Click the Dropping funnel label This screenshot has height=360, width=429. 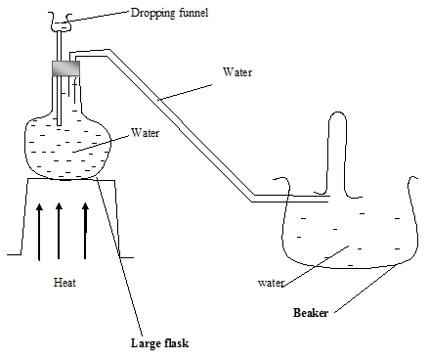tap(169, 13)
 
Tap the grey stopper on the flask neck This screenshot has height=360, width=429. tap(66, 68)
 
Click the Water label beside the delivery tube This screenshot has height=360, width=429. tap(237, 72)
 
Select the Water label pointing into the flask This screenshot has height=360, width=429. tap(145, 133)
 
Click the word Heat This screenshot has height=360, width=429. tap(64, 283)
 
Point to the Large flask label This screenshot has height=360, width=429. tap(159, 343)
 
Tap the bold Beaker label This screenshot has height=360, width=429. tap(311, 313)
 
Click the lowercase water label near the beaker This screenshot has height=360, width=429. tap(271, 283)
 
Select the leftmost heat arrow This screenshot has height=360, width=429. tap(39, 232)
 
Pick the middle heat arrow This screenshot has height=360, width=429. tap(59, 231)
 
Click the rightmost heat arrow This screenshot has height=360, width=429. tap(85, 231)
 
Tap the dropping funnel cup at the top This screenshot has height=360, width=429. tap(61, 22)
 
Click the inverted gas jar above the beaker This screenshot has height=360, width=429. tap(337, 155)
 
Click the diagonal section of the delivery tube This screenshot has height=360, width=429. tap(180, 125)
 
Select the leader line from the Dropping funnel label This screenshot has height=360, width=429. tap(96, 17)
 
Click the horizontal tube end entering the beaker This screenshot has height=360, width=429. tap(291, 199)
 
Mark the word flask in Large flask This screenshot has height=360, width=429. tap(173, 343)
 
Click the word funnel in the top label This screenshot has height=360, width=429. tap(193, 13)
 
